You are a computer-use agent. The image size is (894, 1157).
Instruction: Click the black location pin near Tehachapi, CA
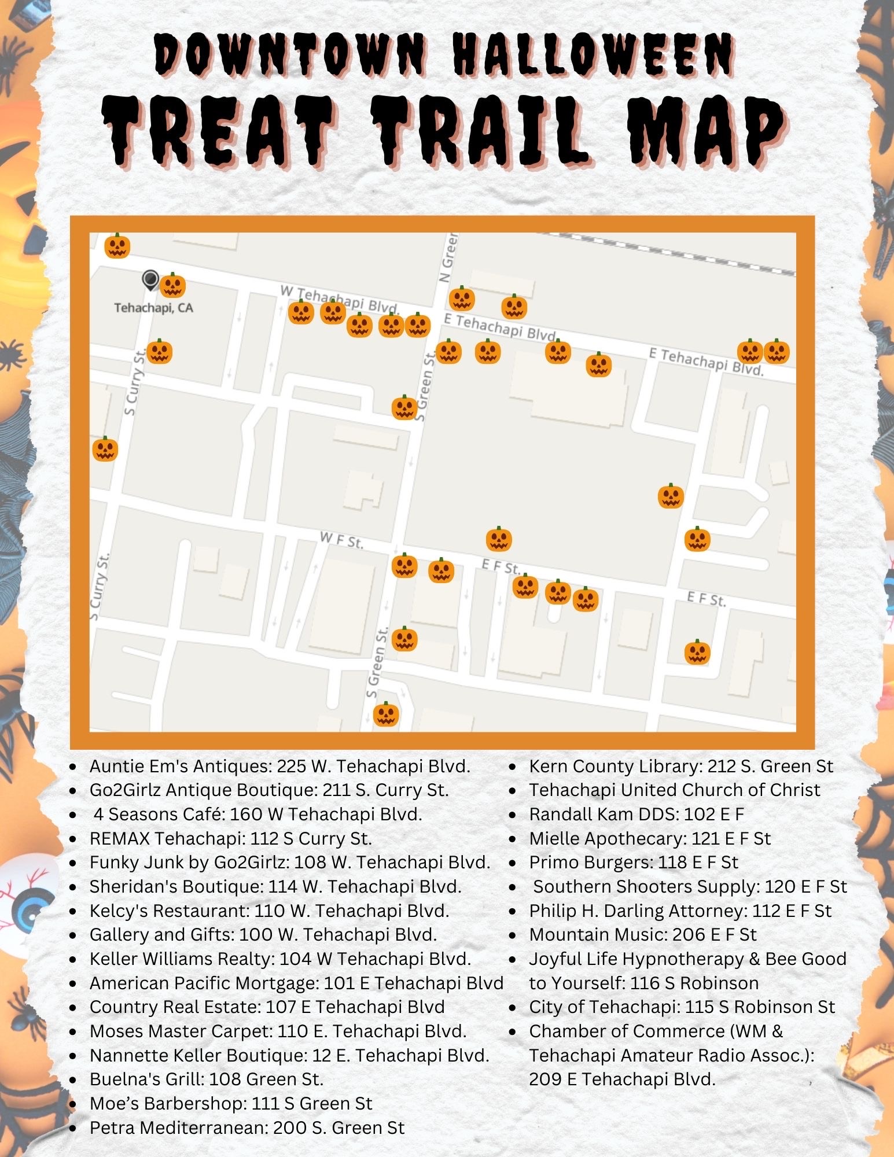[x=150, y=280]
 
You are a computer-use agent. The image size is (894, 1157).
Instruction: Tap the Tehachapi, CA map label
[x=153, y=308]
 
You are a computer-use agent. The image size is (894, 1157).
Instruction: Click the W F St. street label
[x=341, y=541]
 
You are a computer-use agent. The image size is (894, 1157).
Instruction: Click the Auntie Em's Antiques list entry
[x=280, y=766]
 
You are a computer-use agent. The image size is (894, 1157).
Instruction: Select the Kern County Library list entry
[x=681, y=766]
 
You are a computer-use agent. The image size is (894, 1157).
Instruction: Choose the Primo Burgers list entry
[x=634, y=862]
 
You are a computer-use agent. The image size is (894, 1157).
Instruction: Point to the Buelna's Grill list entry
[x=207, y=1079]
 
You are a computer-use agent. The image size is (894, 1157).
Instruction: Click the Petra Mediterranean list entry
[x=247, y=1127]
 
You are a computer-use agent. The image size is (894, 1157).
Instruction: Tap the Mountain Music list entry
[x=642, y=934]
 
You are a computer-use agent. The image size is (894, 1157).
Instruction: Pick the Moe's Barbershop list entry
[x=231, y=1103]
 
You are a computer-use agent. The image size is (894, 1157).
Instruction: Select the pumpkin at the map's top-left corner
[x=117, y=246]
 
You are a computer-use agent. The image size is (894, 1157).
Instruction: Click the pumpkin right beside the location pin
[x=172, y=286]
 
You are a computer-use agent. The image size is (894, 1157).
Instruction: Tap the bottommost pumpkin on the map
[x=386, y=714]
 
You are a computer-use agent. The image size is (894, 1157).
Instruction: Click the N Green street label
[x=449, y=257]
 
